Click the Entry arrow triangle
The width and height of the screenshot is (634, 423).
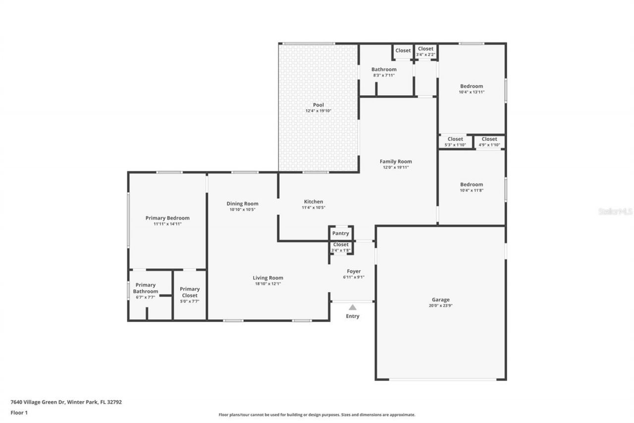pos(352,307)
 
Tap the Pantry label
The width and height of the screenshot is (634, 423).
pos(340,233)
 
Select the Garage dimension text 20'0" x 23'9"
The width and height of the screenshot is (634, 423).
pos(441,305)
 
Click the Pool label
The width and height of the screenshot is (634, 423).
pos(318,105)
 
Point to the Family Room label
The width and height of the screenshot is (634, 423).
pos(396,162)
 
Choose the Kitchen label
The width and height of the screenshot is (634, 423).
pos(314,201)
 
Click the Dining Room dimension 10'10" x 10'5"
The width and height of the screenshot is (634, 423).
pos(243,210)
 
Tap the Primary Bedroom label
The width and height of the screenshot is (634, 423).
pos(167,218)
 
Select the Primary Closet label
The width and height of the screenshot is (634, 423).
pos(190,292)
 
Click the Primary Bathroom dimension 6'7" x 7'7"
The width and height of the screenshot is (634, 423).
pos(146,297)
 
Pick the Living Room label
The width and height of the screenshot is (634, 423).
pos(268,278)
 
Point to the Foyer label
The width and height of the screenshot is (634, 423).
pos(354,271)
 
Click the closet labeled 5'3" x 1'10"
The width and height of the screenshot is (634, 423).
pos(455,142)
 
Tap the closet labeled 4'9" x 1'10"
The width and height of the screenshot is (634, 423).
pos(489,142)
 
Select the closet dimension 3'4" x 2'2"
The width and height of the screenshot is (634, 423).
pos(425,55)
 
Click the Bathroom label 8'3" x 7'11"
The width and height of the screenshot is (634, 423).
pos(384,72)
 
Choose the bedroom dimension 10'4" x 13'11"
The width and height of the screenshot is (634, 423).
pos(472,92)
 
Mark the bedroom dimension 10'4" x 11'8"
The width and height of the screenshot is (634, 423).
pos(472,190)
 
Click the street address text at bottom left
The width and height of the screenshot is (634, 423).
pos(66,402)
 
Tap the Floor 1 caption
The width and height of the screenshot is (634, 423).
pos(19,413)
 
